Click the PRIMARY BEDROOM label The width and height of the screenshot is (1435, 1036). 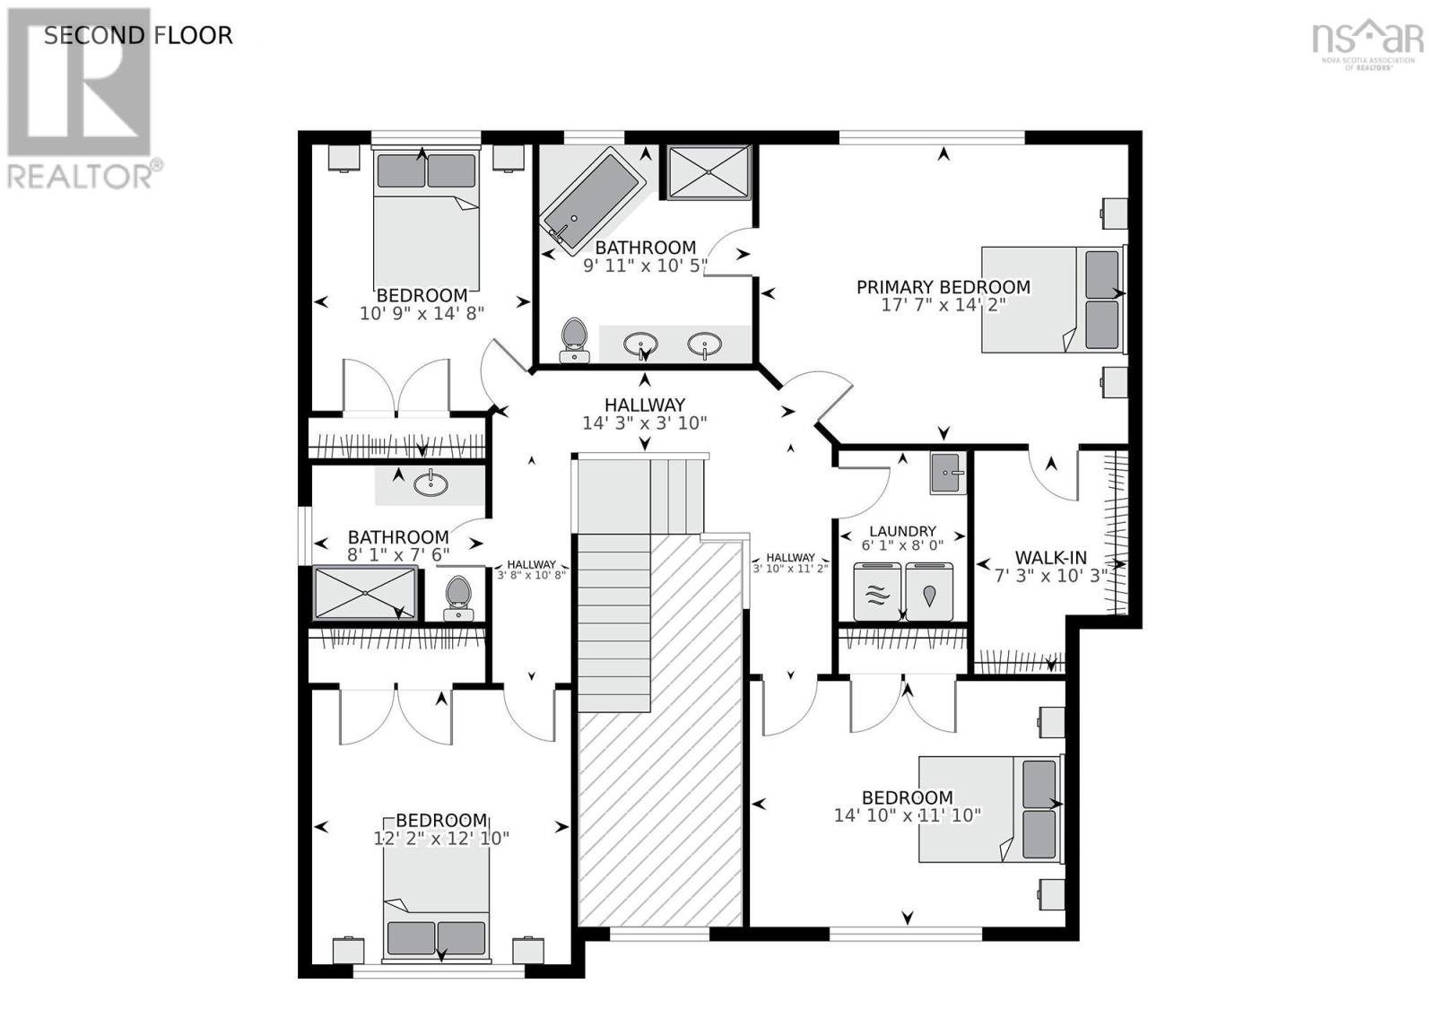(943, 287)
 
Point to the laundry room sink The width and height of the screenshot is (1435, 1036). (948, 473)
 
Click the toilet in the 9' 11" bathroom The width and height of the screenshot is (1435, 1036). (575, 340)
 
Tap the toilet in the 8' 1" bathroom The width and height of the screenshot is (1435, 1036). (458, 598)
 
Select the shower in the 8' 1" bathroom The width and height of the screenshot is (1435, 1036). (365, 593)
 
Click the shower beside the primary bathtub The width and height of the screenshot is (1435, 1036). (709, 172)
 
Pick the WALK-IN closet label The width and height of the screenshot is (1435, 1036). (1050, 557)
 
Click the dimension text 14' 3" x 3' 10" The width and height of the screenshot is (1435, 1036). (645, 422)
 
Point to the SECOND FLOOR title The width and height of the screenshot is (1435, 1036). (138, 35)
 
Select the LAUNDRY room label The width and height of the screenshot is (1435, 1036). (902, 531)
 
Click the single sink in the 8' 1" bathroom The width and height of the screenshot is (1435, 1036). (430, 483)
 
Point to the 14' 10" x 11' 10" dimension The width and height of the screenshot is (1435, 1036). (907, 815)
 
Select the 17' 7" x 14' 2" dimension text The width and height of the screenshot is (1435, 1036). (943, 304)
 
